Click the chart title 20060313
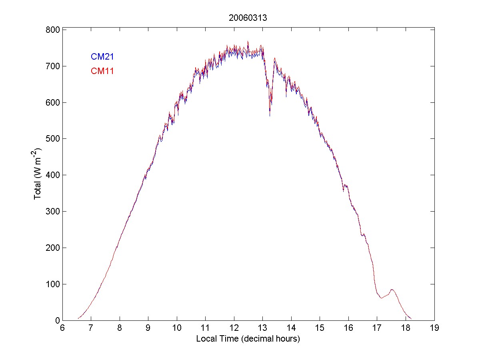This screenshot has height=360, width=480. click(x=245, y=18)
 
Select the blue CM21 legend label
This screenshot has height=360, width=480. click(x=102, y=57)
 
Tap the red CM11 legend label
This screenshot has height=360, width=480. click(x=102, y=72)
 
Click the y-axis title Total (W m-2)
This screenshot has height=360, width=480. click(x=39, y=174)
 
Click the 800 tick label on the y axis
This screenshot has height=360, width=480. click(x=53, y=30)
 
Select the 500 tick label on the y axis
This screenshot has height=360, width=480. click(x=53, y=139)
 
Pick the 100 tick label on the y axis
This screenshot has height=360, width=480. click(x=53, y=284)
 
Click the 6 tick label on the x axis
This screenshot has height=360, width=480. click(x=62, y=328)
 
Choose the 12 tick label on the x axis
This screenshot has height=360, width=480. click(x=234, y=328)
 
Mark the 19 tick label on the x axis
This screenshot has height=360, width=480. click(x=434, y=328)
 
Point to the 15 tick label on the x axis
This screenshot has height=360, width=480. click(x=320, y=328)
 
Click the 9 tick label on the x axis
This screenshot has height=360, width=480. click(x=148, y=328)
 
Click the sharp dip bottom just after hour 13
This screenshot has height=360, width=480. click(x=270, y=116)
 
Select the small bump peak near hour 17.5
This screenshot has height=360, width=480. click(x=392, y=289)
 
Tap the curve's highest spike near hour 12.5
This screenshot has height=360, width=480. click(x=248, y=41)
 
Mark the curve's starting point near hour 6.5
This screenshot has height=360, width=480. click(x=78, y=318)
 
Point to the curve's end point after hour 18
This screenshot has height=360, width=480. click(x=412, y=319)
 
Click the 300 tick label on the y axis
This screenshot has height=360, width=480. click(x=53, y=212)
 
